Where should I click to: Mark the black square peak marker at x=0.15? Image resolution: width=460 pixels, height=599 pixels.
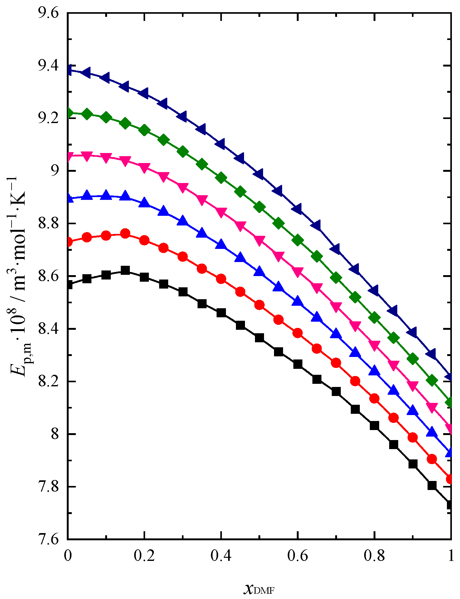(x=125, y=270)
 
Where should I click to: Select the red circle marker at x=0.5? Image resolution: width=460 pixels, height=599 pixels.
(x=259, y=305)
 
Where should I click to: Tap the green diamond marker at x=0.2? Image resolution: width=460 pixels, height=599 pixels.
(x=144, y=130)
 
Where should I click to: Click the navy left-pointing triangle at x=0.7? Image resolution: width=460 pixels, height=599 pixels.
(x=336, y=249)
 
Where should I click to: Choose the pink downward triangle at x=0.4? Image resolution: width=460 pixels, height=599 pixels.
(x=221, y=213)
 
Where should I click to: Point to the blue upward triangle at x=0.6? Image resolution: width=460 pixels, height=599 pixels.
(x=298, y=301)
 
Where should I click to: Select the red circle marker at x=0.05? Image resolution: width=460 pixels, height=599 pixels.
(x=87, y=237)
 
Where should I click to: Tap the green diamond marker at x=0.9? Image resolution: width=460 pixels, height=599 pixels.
(x=413, y=359)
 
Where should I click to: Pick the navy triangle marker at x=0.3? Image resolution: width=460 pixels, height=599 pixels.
(x=183, y=116)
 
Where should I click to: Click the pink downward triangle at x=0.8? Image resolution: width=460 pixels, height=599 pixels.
(x=374, y=345)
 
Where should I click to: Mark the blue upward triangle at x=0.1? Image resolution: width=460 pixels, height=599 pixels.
(x=106, y=195)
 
